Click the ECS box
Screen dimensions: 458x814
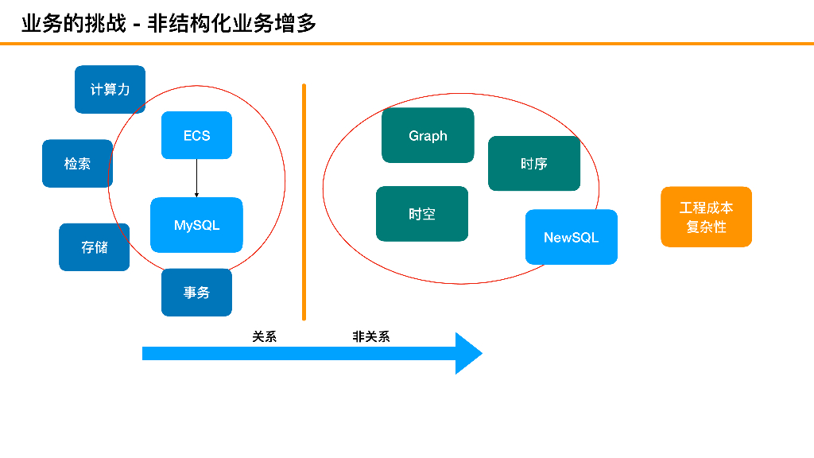coord(196,135)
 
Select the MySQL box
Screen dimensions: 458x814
coord(196,225)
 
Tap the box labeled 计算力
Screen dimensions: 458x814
coord(110,89)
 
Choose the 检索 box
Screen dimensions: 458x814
coord(77,164)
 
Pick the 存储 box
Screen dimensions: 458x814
coord(94,247)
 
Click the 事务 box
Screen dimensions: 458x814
coord(196,293)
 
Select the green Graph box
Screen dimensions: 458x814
coord(428,135)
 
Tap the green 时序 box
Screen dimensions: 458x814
coord(533,164)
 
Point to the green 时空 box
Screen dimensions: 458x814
coord(421,214)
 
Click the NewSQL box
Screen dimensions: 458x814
coord(571,237)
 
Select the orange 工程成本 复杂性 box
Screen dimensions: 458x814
coord(706,217)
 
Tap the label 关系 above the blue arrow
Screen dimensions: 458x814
coord(265,336)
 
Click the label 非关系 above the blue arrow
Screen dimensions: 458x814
coord(371,336)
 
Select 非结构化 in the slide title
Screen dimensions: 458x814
coord(191,23)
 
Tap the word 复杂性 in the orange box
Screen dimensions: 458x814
coord(706,227)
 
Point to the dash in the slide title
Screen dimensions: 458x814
coord(137,24)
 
